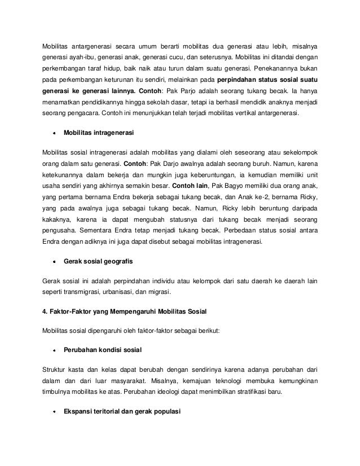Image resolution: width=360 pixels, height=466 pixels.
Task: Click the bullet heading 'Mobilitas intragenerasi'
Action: [x=99, y=133]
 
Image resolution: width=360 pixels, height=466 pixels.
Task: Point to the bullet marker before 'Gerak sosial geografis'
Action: [x=55, y=262]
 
